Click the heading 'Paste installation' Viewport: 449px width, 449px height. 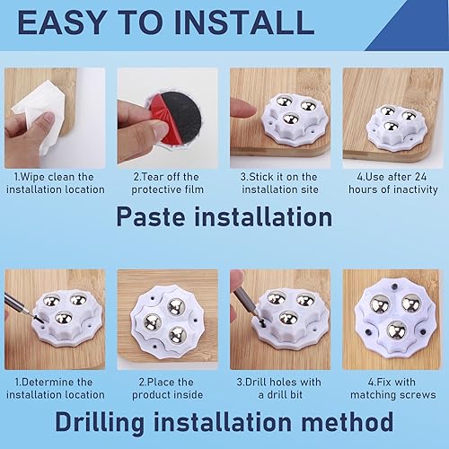click(x=224, y=216)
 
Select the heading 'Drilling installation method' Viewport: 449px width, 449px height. click(x=224, y=421)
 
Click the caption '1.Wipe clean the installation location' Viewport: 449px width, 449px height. click(x=56, y=183)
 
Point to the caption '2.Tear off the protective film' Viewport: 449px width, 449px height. click(x=167, y=183)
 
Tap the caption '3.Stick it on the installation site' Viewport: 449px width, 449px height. click(x=280, y=183)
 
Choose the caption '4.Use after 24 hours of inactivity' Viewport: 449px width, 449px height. click(x=393, y=183)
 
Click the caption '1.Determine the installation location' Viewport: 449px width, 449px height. click(x=56, y=389)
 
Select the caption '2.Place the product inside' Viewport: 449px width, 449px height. click(x=167, y=389)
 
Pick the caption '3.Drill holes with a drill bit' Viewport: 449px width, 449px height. click(x=279, y=389)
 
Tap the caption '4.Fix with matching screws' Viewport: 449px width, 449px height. click(x=393, y=389)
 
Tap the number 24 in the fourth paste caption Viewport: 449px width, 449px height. click(x=419, y=177)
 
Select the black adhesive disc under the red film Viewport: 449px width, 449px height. click(x=182, y=119)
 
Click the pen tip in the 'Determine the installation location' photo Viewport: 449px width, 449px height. click(x=40, y=321)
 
